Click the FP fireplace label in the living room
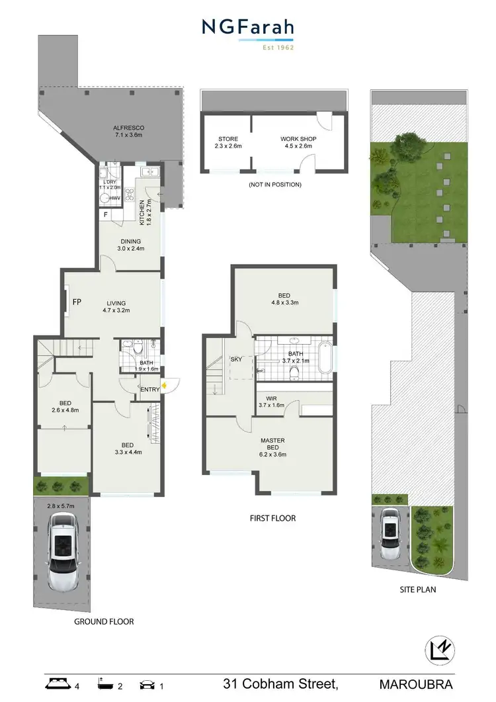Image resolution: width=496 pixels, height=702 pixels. (77, 302)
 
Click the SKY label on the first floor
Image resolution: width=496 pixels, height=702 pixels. (236, 359)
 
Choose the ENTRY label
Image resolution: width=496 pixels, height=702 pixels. (150, 390)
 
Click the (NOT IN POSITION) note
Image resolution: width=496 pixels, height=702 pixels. (274, 185)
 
